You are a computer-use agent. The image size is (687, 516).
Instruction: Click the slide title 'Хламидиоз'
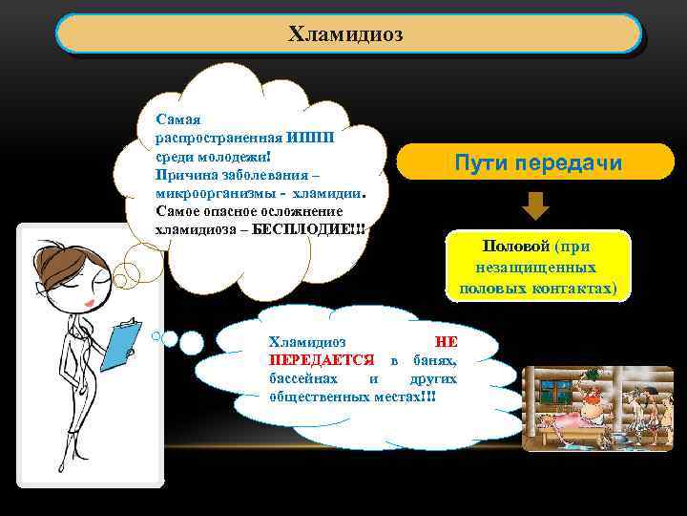(346, 34)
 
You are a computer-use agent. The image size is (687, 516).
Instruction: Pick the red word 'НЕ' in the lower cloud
(446, 341)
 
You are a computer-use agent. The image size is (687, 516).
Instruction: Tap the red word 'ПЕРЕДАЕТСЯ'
(322, 359)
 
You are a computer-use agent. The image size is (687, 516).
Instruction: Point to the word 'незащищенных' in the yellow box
(538, 268)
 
